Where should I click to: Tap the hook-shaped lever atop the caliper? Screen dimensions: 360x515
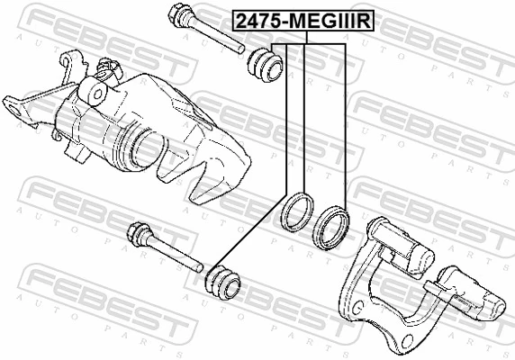pos(67,64)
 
